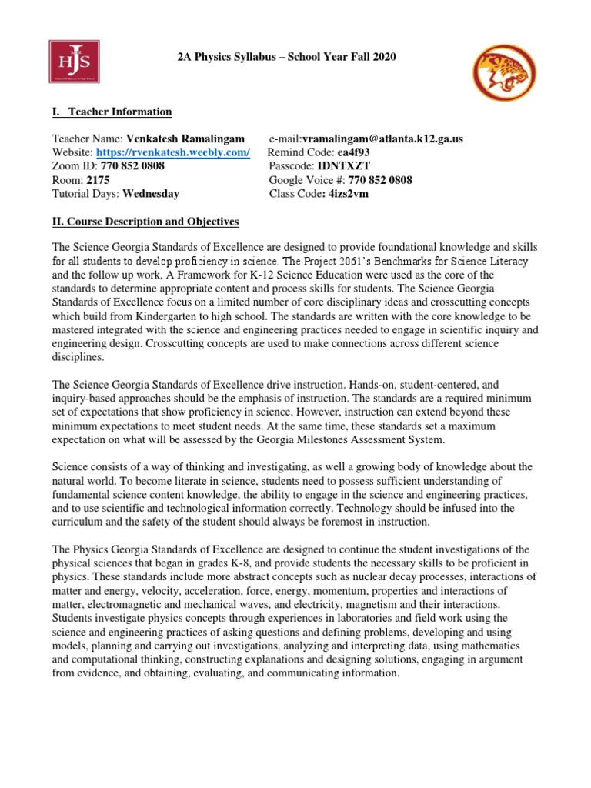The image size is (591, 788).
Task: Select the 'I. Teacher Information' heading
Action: coord(112,112)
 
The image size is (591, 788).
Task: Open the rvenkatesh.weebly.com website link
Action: coord(173,152)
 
